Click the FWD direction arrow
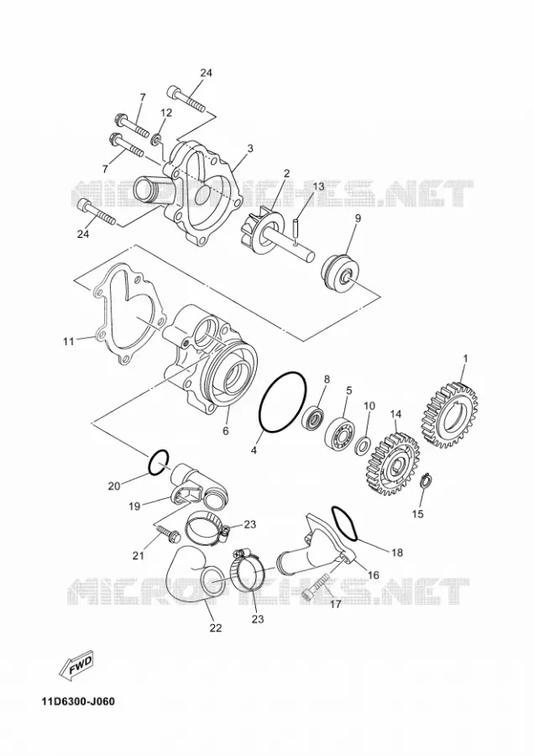click(77, 668)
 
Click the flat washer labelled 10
click(362, 446)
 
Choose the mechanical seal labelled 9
click(338, 271)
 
